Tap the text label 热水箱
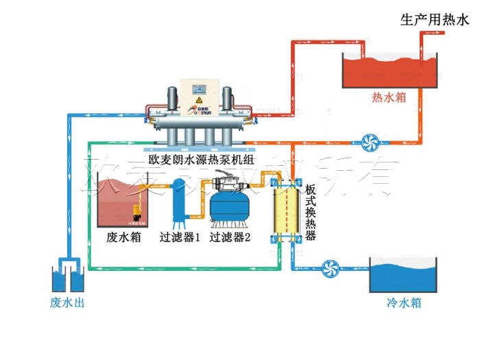(x=388, y=97)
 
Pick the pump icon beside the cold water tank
(x=331, y=267)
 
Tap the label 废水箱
(x=125, y=238)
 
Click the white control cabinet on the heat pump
(x=198, y=96)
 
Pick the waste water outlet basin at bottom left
(x=67, y=276)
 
